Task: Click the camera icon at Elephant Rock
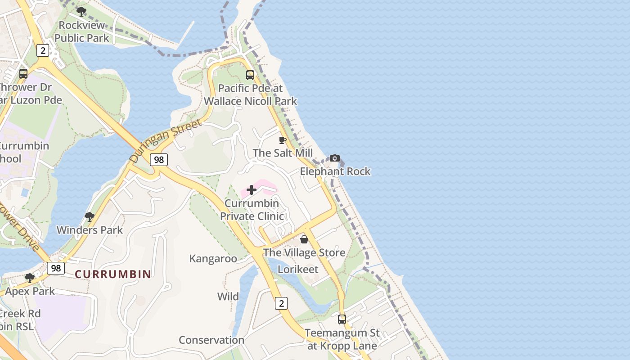point(334,158)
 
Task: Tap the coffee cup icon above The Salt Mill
point(283,140)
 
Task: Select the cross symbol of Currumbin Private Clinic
point(252,190)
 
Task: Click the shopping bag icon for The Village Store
point(304,239)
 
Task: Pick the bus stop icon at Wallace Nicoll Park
point(250,75)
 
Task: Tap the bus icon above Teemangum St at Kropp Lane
point(342,319)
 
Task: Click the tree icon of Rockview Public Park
point(81,12)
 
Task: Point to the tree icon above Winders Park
point(90,217)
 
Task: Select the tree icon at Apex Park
point(30,278)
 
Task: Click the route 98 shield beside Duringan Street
point(159,159)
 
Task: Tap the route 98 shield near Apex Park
point(56,268)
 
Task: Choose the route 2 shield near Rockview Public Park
point(43,50)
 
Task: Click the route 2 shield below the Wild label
point(281,303)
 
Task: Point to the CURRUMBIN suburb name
point(113,274)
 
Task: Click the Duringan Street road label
point(165,141)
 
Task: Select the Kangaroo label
point(213,258)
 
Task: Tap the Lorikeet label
point(298,269)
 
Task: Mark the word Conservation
point(211,340)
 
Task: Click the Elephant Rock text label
point(335,171)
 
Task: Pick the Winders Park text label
point(90,230)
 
